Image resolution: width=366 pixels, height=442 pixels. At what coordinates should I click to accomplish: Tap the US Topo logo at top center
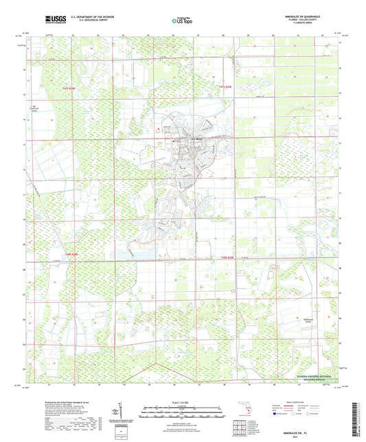coord(183,22)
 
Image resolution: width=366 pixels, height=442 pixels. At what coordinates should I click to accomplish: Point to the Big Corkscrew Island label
coord(34,107)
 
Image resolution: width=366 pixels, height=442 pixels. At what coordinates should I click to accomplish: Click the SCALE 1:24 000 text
coord(183,402)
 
